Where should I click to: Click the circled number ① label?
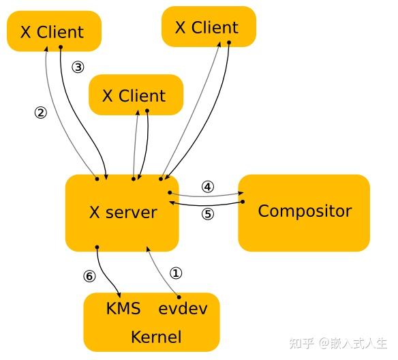(x=176, y=273)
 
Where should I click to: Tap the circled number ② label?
(x=40, y=112)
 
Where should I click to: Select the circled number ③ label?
(x=78, y=67)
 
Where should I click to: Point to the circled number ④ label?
(x=208, y=186)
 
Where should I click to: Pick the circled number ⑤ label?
(x=208, y=213)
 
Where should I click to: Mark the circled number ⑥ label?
(x=89, y=276)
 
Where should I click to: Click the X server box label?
(x=123, y=212)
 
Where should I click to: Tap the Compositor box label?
(x=305, y=211)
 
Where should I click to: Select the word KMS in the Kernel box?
(x=123, y=309)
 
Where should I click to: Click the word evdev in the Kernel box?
(x=183, y=309)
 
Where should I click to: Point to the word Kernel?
(x=156, y=337)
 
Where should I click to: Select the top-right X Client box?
(x=207, y=27)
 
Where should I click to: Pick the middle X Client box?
(x=134, y=95)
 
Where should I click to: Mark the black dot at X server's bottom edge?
(x=97, y=247)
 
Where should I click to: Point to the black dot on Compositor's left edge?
(x=243, y=202)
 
